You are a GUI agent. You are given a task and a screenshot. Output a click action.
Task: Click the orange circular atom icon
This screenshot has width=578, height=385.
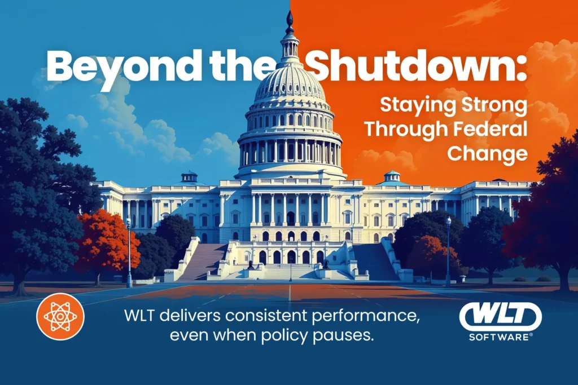pos(60,316)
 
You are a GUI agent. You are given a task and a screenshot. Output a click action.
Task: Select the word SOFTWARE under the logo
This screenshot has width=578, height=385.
pos(500,337)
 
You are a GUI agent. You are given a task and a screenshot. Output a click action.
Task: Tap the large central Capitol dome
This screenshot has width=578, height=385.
pos(290,85)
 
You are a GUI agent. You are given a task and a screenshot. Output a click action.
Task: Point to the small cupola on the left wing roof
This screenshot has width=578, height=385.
pos(189,177)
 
